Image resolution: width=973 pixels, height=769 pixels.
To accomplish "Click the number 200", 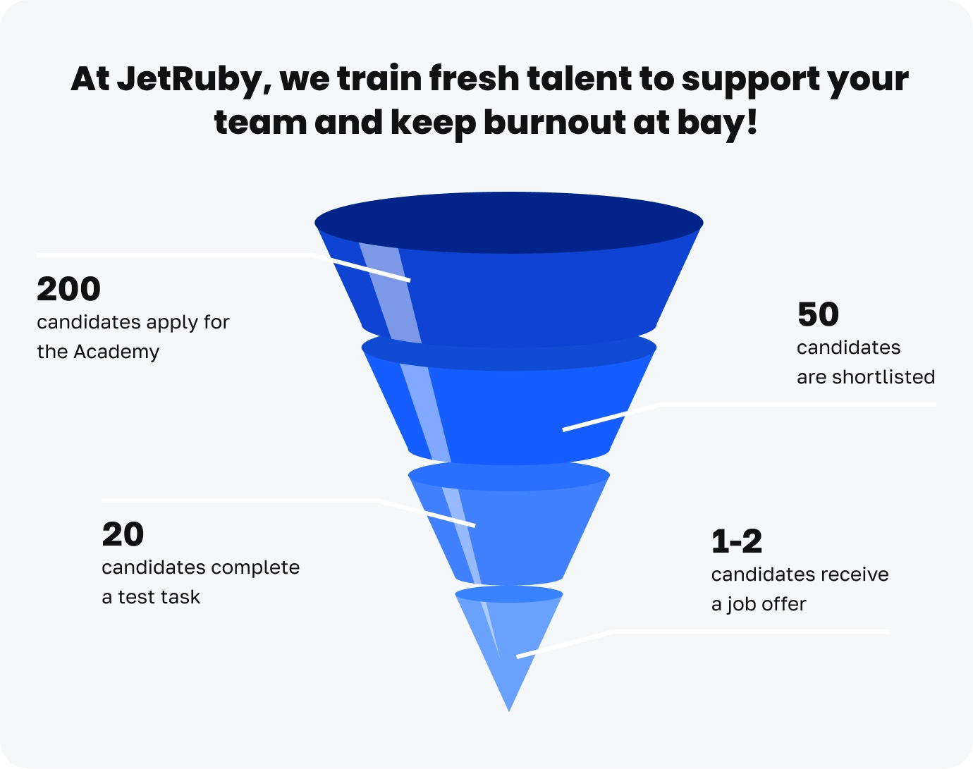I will pyautogui.click(x=68, y=290).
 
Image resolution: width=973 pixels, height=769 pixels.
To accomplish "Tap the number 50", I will pyautogui.click(x=818, y=315).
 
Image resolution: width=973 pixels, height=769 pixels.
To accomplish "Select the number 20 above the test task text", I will pyautogui.click(x=123, y=535).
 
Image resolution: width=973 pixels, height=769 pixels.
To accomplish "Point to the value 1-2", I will pyautogui.click(x=737, y=542).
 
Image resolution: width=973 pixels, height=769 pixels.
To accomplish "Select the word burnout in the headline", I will pyautogui.click(x=554, y=123).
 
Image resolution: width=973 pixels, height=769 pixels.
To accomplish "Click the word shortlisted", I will pyautogui.click(x=883, y=377).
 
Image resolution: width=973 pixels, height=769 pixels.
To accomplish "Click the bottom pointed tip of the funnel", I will pyautogui.click(x=508, y=705).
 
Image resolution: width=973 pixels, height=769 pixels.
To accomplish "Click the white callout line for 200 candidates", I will pyautogui.click(x=176, y=255).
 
